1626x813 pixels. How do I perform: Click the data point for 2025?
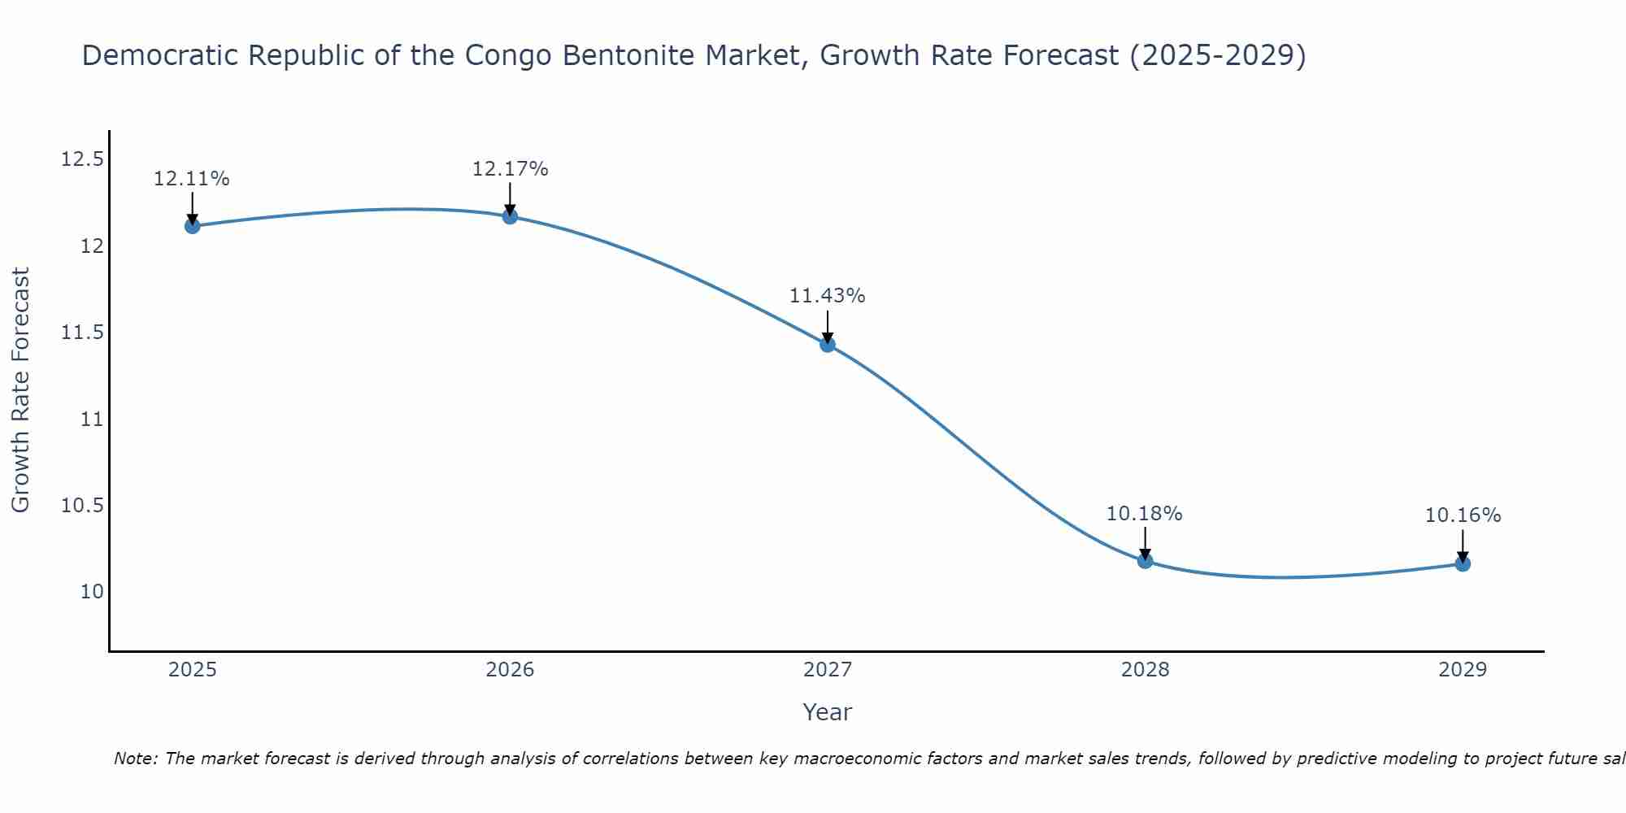192,226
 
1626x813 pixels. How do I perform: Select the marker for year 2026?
510,216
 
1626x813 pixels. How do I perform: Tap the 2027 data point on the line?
828,345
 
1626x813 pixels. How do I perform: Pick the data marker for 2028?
1145,560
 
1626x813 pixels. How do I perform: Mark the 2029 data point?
1463,563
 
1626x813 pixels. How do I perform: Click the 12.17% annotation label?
510,169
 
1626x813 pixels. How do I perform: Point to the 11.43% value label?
828,296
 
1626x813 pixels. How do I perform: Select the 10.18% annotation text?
1144,514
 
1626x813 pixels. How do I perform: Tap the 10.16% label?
1463,515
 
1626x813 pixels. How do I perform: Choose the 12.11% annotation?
192,179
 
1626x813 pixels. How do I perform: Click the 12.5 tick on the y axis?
83,159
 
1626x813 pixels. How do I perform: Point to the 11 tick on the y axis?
92,420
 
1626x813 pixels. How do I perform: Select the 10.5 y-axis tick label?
83,506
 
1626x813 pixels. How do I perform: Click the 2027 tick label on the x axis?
828,670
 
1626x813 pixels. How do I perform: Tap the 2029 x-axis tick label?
1463,670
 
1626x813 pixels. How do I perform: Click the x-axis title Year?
828,712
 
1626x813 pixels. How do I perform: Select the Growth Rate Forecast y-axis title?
20,390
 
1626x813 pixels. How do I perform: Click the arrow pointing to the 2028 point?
1145,543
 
